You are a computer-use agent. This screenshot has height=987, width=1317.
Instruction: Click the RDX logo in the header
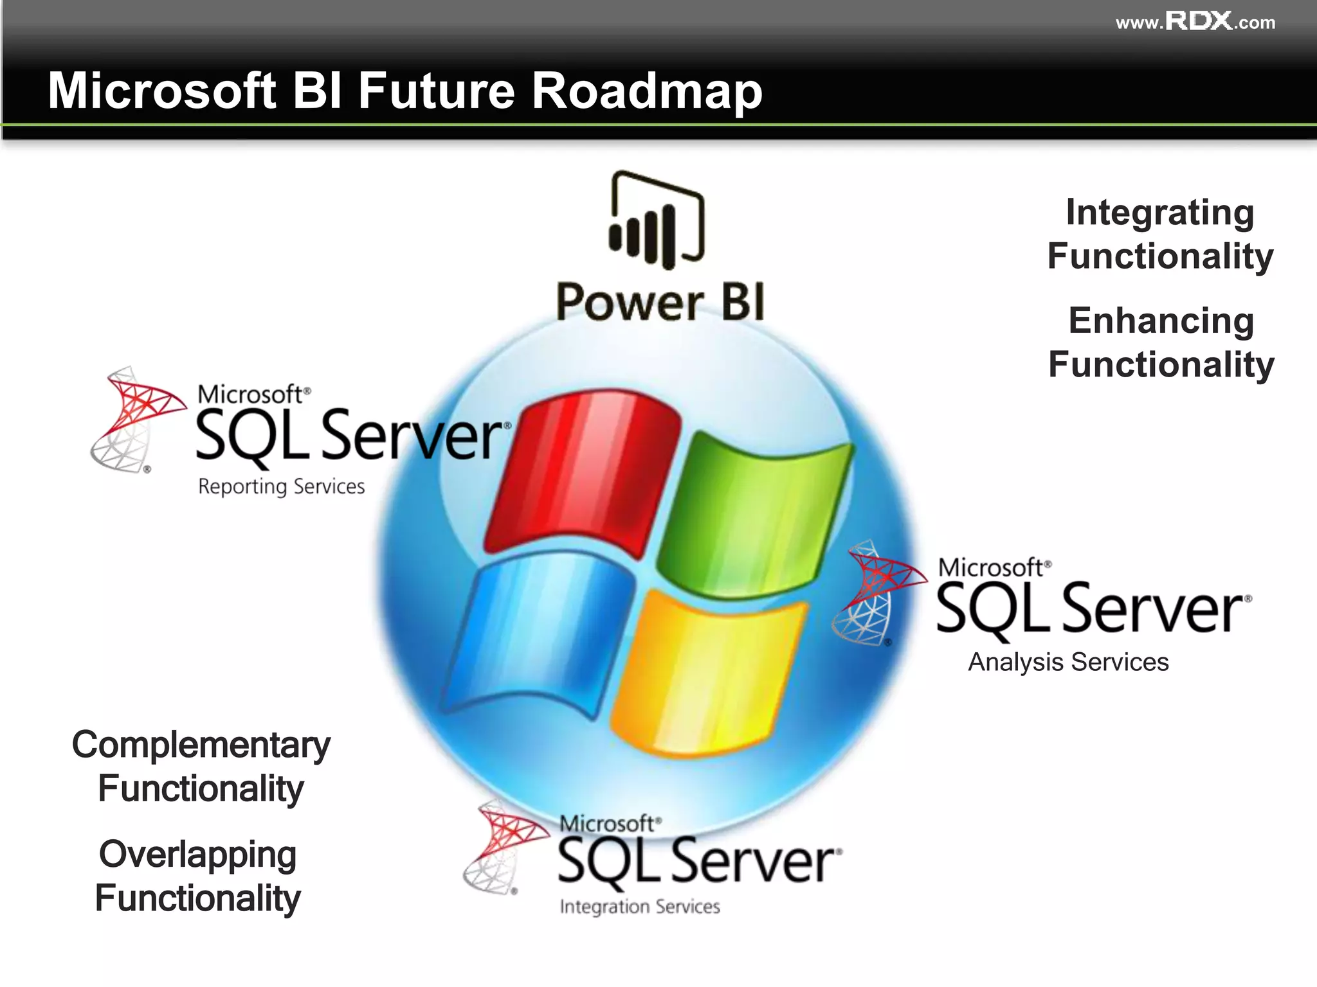[1199, 21]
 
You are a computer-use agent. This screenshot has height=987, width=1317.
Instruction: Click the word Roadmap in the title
[646, 91]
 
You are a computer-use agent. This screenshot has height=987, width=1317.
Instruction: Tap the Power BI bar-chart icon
[656, 221]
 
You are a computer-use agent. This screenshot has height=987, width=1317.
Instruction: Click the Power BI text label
[660, 302]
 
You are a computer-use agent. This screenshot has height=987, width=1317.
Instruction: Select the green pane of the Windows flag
[752, 514]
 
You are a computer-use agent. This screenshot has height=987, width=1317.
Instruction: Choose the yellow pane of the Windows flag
[707, 675]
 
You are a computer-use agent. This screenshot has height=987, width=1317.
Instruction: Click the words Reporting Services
[281, 486]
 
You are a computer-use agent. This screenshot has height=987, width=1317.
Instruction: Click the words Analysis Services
[1068, 662]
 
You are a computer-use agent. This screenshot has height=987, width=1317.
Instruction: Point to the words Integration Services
[640, 907]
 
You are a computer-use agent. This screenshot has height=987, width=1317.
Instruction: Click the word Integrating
[1160, 212]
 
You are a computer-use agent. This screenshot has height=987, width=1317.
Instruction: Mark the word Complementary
[201, 745]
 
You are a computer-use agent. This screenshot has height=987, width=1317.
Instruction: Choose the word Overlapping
[197, 855]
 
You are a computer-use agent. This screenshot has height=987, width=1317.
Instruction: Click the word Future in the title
[436, 91]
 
